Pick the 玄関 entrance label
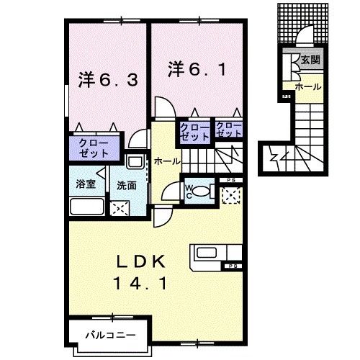310,60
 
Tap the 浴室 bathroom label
86,184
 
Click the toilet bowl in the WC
202,192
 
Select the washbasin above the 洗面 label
135,162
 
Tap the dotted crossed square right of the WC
232,194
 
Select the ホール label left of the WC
167,161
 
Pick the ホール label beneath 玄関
312,85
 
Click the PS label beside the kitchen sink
234,267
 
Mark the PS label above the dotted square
231,179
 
